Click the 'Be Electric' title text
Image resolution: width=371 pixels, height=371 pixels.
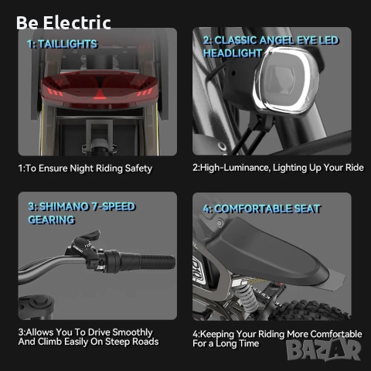pos(63,22)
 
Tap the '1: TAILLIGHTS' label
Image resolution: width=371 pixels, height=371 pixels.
pos(63,44)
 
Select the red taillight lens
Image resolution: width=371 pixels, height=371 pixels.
pos(100,89)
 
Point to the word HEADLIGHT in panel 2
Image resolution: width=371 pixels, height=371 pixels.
pos(233,53)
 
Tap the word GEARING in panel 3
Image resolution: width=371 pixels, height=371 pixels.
pos(52,220)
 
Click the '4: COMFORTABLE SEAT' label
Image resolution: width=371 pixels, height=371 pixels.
pos(261,209)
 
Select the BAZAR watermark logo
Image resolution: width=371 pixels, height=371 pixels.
pos(324,349)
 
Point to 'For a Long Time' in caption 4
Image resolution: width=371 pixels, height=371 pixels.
pos(226,343)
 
